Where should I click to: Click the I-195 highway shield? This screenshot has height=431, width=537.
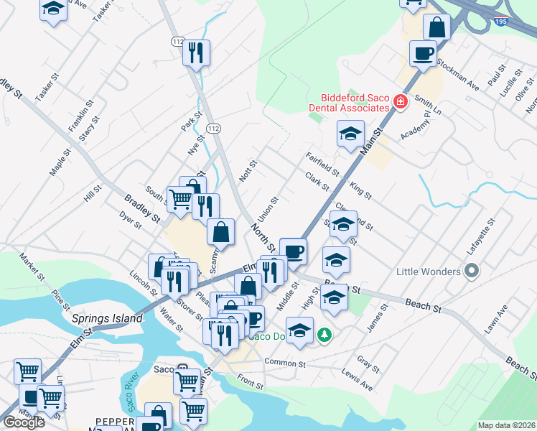click(x=502, y=22)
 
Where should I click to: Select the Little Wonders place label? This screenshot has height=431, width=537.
click(x=429, y=272)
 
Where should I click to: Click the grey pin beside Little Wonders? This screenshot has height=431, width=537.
click(x=471, y=271)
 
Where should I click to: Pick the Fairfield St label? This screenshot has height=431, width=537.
click(x=322, y=164)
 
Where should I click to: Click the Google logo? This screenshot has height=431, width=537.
click(x=23, y=422)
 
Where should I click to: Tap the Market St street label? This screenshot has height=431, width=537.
click(x=33, y=267)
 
